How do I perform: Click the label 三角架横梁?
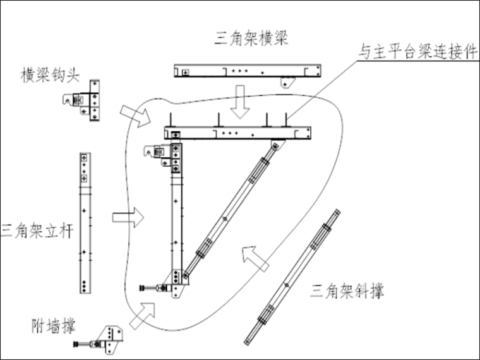click(x=251, y=39)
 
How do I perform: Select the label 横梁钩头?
click(x=50, y=76)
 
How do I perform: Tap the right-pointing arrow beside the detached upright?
click(x=128, y=217)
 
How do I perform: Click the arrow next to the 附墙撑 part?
click(x=142, y=315)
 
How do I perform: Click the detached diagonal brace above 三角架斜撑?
click(x=293, y=277)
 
